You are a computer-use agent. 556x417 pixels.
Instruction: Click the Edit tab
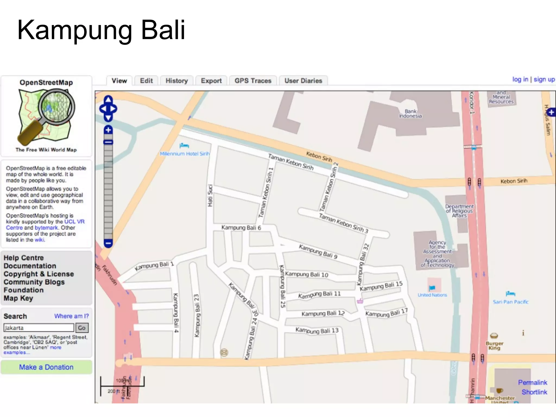(x=146, y=81)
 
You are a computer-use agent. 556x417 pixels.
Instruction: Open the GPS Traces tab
(x=253, y=81)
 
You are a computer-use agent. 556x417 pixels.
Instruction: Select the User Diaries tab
(x=303, y=81)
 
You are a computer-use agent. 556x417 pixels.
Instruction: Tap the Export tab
(x=211, y=81)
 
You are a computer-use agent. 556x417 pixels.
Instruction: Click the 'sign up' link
(x=544, y=80)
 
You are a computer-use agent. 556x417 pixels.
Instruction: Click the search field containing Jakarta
(x=39, y=328)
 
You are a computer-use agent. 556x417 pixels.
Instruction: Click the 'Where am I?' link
(x=71, y=316)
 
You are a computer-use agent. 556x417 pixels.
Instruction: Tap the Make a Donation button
(x=46, y=367)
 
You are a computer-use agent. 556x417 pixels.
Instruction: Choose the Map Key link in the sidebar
(x=18, y=298)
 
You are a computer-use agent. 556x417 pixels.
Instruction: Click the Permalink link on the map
(x=532, y=383)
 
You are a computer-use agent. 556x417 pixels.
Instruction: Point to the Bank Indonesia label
(x=410, y=113)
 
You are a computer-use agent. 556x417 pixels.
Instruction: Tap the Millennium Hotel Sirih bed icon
(x=184, y=146)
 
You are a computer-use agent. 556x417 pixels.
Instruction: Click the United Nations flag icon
(x=432, y=288)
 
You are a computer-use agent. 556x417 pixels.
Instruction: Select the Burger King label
(x=494, y=346)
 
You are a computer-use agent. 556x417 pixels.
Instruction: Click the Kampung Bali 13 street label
(x=317, y=330)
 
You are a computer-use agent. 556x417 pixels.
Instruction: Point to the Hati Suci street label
(x=210, y=195)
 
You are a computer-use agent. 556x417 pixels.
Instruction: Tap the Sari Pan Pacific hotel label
(x=510, y=302)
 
